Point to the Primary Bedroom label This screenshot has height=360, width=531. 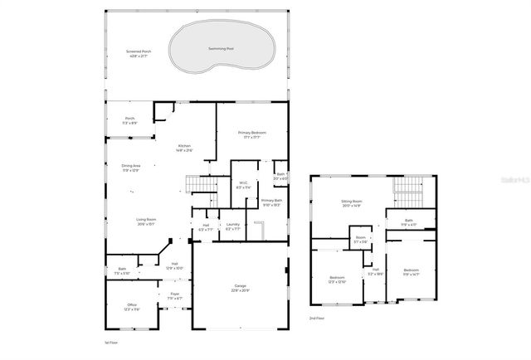(251, 134)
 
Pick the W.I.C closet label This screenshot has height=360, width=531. (243, 185)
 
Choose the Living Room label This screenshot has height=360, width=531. (146, 221)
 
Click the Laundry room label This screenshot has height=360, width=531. (232, 226)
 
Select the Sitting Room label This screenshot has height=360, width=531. (353, 202)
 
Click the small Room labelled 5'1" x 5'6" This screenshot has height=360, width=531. (361, 240)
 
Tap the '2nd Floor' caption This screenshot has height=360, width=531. (317, 319)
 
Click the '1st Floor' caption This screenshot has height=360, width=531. (113, 342)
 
